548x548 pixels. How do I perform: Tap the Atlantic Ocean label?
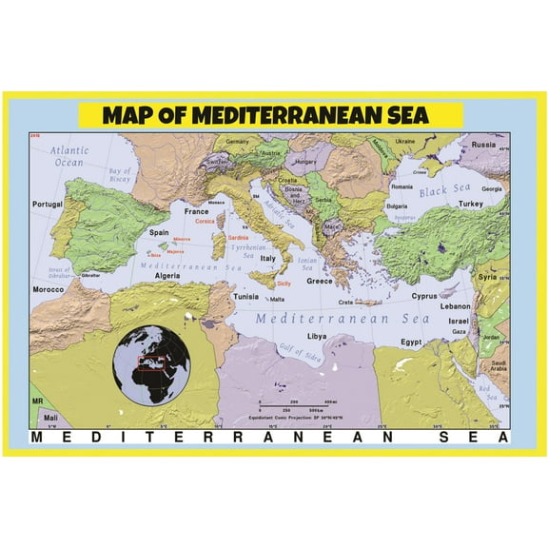click(x=69, y=156)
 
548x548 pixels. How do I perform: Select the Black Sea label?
click(x=446, y=191)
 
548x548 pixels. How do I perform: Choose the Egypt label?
click(x=410, y=341)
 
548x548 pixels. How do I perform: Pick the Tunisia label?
click(x=246, y=297)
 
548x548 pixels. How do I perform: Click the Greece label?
click(x=319, y=281)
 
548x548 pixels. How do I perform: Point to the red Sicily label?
click(x=284, y=283)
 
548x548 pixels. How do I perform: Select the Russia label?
click(x=484, y=146)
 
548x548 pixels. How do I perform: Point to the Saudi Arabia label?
click(x=499, y=368)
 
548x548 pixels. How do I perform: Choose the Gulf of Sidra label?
click(x=302, y=354)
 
